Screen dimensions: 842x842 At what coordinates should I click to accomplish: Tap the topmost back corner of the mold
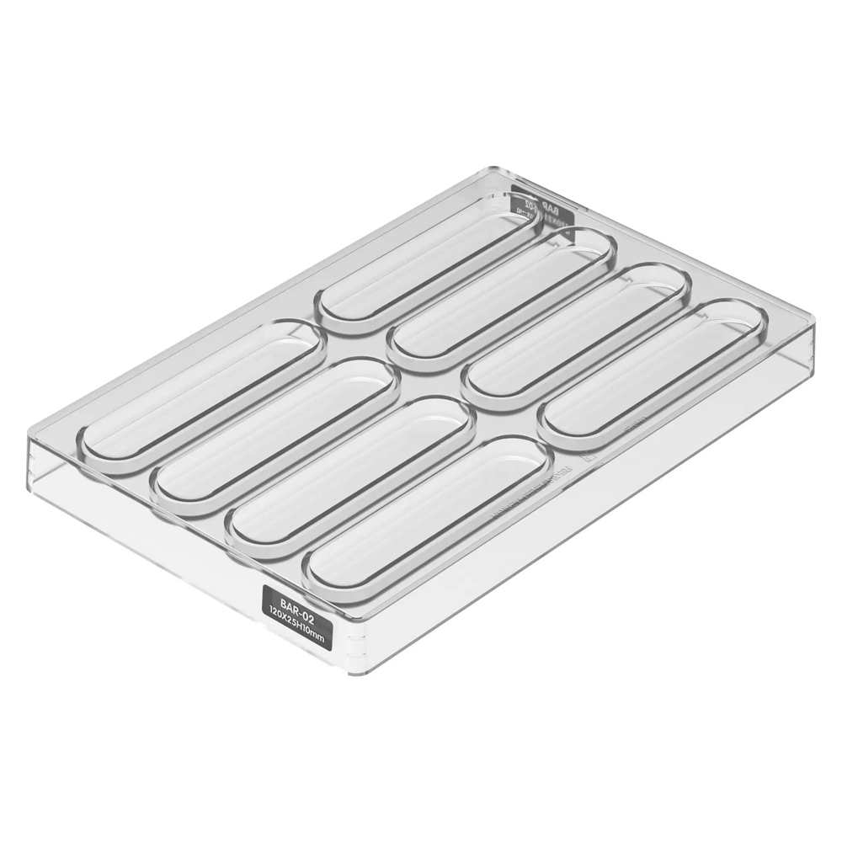pos(489,169)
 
